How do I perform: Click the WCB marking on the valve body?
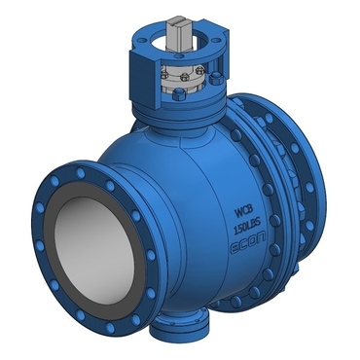[x=244, y=214]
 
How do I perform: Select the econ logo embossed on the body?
[x=248, y=244]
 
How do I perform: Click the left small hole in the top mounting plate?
[x=140, y=43]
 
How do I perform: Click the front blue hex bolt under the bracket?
[x=179, y=94]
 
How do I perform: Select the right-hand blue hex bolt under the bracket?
[x=215, y=79]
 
